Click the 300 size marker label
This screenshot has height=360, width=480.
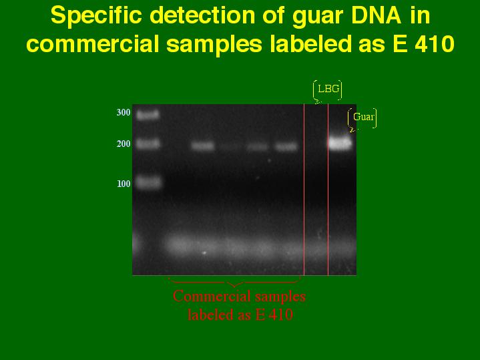coord(124,112)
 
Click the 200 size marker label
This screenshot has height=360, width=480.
coord(124,144)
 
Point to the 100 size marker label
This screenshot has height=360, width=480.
coord(124,184)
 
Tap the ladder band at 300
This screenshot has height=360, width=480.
coord(148,115)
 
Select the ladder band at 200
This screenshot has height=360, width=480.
coord(148,144)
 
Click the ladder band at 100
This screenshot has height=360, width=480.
coord(148,182)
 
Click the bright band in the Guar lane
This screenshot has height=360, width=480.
coord(340,144)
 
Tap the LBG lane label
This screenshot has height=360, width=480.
coord(328,89)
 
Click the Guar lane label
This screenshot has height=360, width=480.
coord(363,117)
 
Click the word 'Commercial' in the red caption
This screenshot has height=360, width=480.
coord(212,297)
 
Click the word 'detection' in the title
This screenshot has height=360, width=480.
coord(203,15)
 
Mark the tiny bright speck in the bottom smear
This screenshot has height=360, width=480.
coord(204,253)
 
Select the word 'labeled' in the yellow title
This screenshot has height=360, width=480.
coord(310,43)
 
